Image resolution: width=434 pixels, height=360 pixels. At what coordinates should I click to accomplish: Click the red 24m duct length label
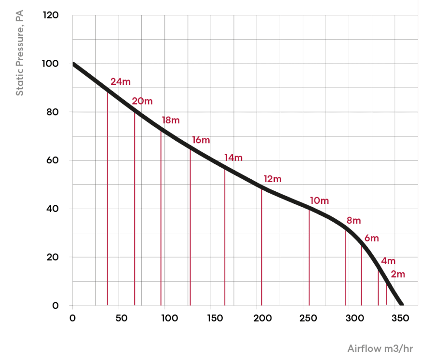click(x=120, y=81)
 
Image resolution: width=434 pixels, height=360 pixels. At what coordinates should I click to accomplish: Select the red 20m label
click(x=142, y=101)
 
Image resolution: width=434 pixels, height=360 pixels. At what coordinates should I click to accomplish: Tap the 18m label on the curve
click(x=170, y=120)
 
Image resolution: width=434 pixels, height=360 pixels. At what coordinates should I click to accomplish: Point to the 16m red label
click(x=201, y=140)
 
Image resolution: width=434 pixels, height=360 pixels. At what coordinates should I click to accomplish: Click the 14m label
click(x=233, y=158)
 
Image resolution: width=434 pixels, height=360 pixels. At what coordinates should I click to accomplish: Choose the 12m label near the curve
click(x=272, y=179)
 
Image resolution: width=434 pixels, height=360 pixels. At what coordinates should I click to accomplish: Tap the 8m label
click(x=353, y=221)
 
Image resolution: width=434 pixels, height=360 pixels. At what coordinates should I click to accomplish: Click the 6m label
click(x=371, y=238)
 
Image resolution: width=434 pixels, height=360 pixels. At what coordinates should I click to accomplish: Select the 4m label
click(x=388, y=261)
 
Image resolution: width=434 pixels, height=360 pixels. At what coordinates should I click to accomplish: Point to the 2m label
click(x=397, y=274)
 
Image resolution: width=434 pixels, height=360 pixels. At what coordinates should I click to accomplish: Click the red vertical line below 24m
click(x=108, y=198)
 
